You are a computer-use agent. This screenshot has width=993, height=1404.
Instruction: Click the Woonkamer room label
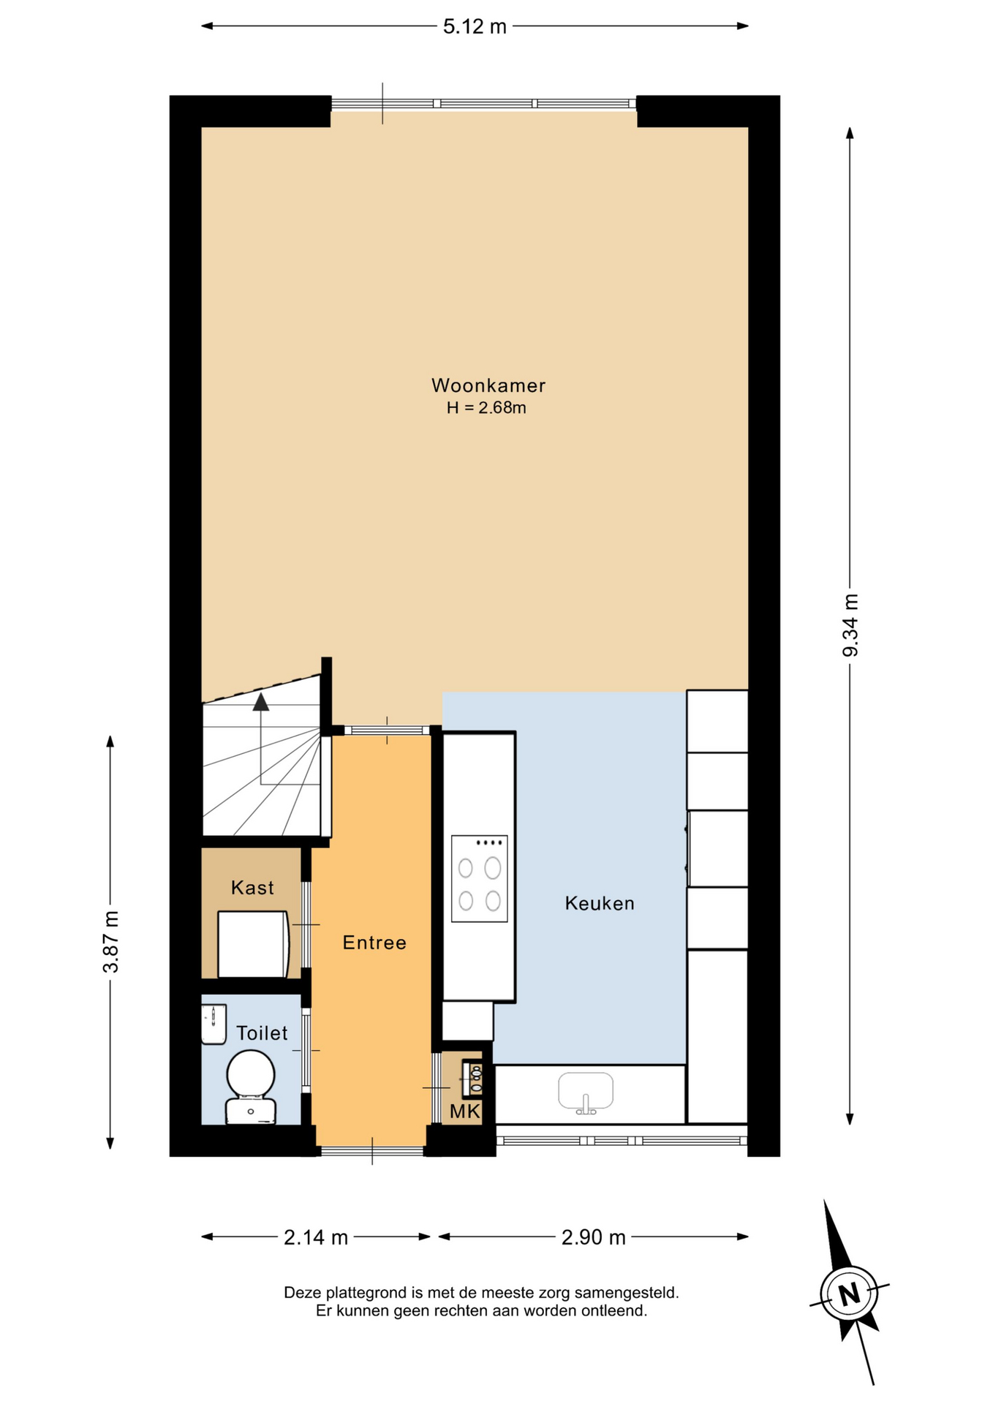[x=488, y=385]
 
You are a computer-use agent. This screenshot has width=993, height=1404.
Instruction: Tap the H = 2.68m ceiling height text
[x=487, y=408]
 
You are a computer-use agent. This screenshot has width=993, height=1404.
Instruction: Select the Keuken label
[x=600, y=904]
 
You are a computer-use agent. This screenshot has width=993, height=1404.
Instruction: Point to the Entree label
[x=374, y=943]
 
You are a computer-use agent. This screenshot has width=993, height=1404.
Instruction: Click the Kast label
[x=252, y=888]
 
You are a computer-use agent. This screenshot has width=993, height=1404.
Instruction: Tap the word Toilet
[x=262, y=1033]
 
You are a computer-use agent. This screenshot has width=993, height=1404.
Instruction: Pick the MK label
[x=465, y=1112]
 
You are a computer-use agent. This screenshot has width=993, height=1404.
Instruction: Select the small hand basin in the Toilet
[x=214, y=1024]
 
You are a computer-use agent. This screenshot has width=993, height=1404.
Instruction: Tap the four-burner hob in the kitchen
[x=480, y=878]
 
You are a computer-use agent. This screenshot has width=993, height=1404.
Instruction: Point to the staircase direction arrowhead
[x=261, y=702]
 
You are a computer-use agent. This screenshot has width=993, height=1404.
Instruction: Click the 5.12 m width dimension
[x=475, y=26]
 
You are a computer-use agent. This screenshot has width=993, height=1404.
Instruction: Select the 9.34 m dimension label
[x=850, y=625]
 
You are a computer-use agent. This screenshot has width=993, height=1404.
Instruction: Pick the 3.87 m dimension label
[x=110, y=942]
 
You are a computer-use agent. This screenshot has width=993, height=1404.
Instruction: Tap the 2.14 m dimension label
[x=316, y=1237]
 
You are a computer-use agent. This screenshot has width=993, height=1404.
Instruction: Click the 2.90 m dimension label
[x=594, y=1237]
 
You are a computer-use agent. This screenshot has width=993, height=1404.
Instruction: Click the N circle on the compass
[x=849, y=1294]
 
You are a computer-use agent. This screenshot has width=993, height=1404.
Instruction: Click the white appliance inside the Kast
[x=253, y=944]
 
